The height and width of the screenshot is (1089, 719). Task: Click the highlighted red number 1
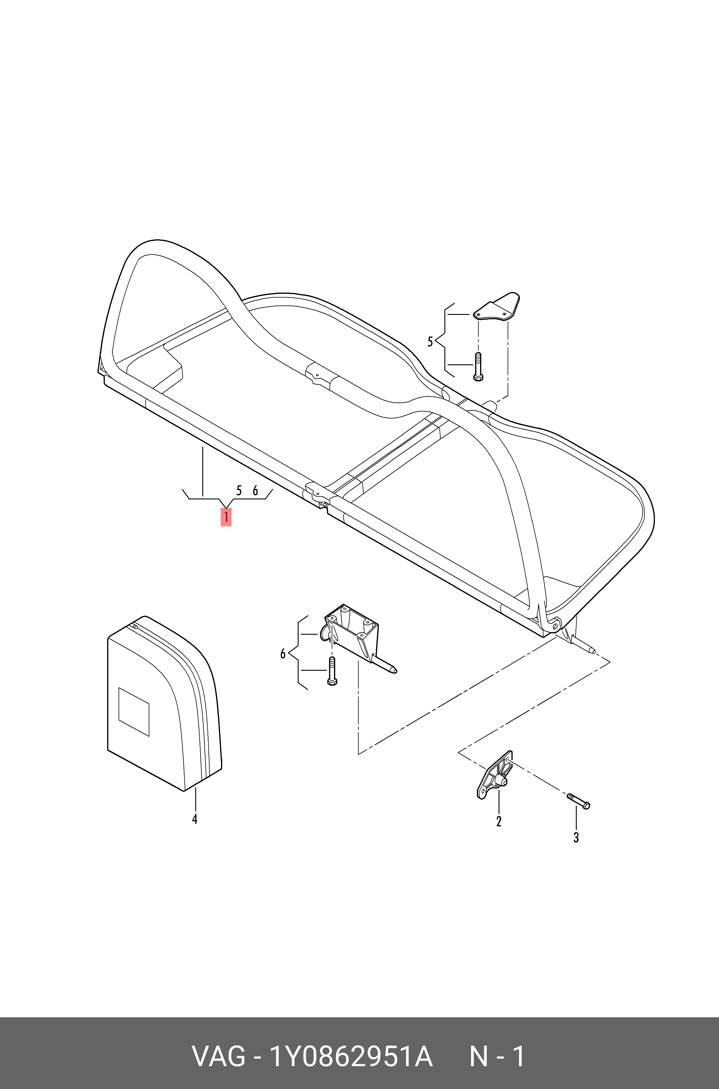click(226, 517)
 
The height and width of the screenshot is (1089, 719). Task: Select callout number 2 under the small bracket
click(499, 821)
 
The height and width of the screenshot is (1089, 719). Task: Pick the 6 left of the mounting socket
click(283, 653)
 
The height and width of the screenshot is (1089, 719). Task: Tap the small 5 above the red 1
click(238, 490)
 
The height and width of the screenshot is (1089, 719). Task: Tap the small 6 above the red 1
click(255, 490)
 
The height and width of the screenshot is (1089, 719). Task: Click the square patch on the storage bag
click(134, 711)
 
